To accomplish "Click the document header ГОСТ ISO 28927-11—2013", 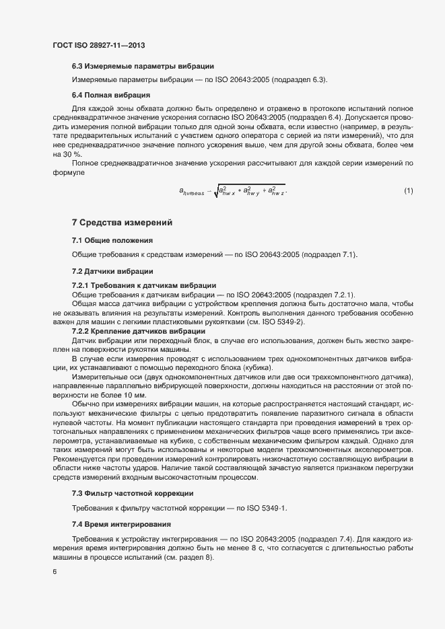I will (98, 45).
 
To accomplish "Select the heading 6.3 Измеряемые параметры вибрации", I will (143, 66).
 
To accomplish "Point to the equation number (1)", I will (409, 191).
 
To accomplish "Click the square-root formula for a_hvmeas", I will (232, 191).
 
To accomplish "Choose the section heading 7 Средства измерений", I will (122, 223).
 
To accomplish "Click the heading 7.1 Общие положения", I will (112, 240).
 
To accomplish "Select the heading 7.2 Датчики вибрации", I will (112, 271).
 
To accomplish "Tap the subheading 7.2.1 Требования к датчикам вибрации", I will (143, 285).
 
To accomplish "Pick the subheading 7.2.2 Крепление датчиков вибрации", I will (139, 331).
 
